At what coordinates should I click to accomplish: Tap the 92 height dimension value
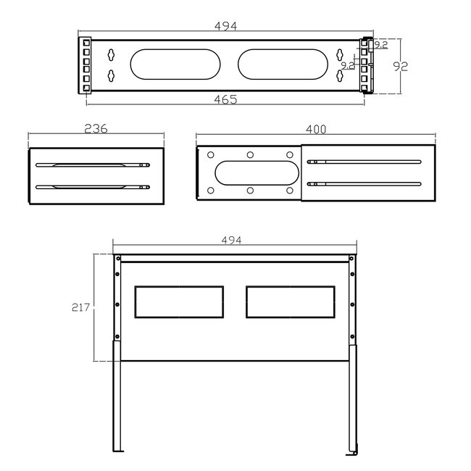401,66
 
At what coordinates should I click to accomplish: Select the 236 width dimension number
96,129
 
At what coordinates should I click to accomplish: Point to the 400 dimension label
316,129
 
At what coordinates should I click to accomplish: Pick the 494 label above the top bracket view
226,26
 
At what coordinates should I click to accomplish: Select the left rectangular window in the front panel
179,301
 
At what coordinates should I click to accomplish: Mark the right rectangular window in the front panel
290,301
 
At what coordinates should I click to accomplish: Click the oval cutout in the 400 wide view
257,173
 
